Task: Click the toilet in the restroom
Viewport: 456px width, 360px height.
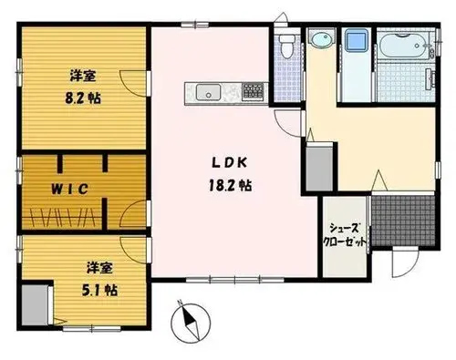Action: pyautogui.click(x=287, y=46)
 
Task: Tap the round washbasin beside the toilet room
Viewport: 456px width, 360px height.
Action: pyautogui.click(x=321, y=39)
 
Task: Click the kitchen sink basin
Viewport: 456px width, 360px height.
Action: pyautogui.click(x=208, y=92)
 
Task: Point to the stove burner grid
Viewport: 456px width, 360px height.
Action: pyautogui.click(x=253, y=91)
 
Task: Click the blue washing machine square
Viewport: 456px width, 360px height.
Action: pyautogui.click(x=356, y=40)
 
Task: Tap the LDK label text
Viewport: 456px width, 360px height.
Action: pyautogui.click(x=229, y=163)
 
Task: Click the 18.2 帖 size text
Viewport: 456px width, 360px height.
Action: pyautogui.click(x=230, y=185)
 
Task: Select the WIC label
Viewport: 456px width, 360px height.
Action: pyautogui.click(x=69, y=190)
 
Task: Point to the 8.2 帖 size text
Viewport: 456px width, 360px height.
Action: pyautogui.click(x=83, y=98)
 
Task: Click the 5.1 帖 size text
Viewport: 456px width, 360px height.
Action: pyautogui.click(x=99, y=291)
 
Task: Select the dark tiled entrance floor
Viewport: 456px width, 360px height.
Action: pyautogui.click(x=403, y=221)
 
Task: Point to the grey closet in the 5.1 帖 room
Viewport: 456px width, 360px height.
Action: pyautogui.click(x=35, y=304)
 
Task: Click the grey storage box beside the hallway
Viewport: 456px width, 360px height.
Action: pyautogui.click(x=319, y=169)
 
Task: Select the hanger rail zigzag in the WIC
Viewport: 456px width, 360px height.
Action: pyautogui.click(x=62, y=218)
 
